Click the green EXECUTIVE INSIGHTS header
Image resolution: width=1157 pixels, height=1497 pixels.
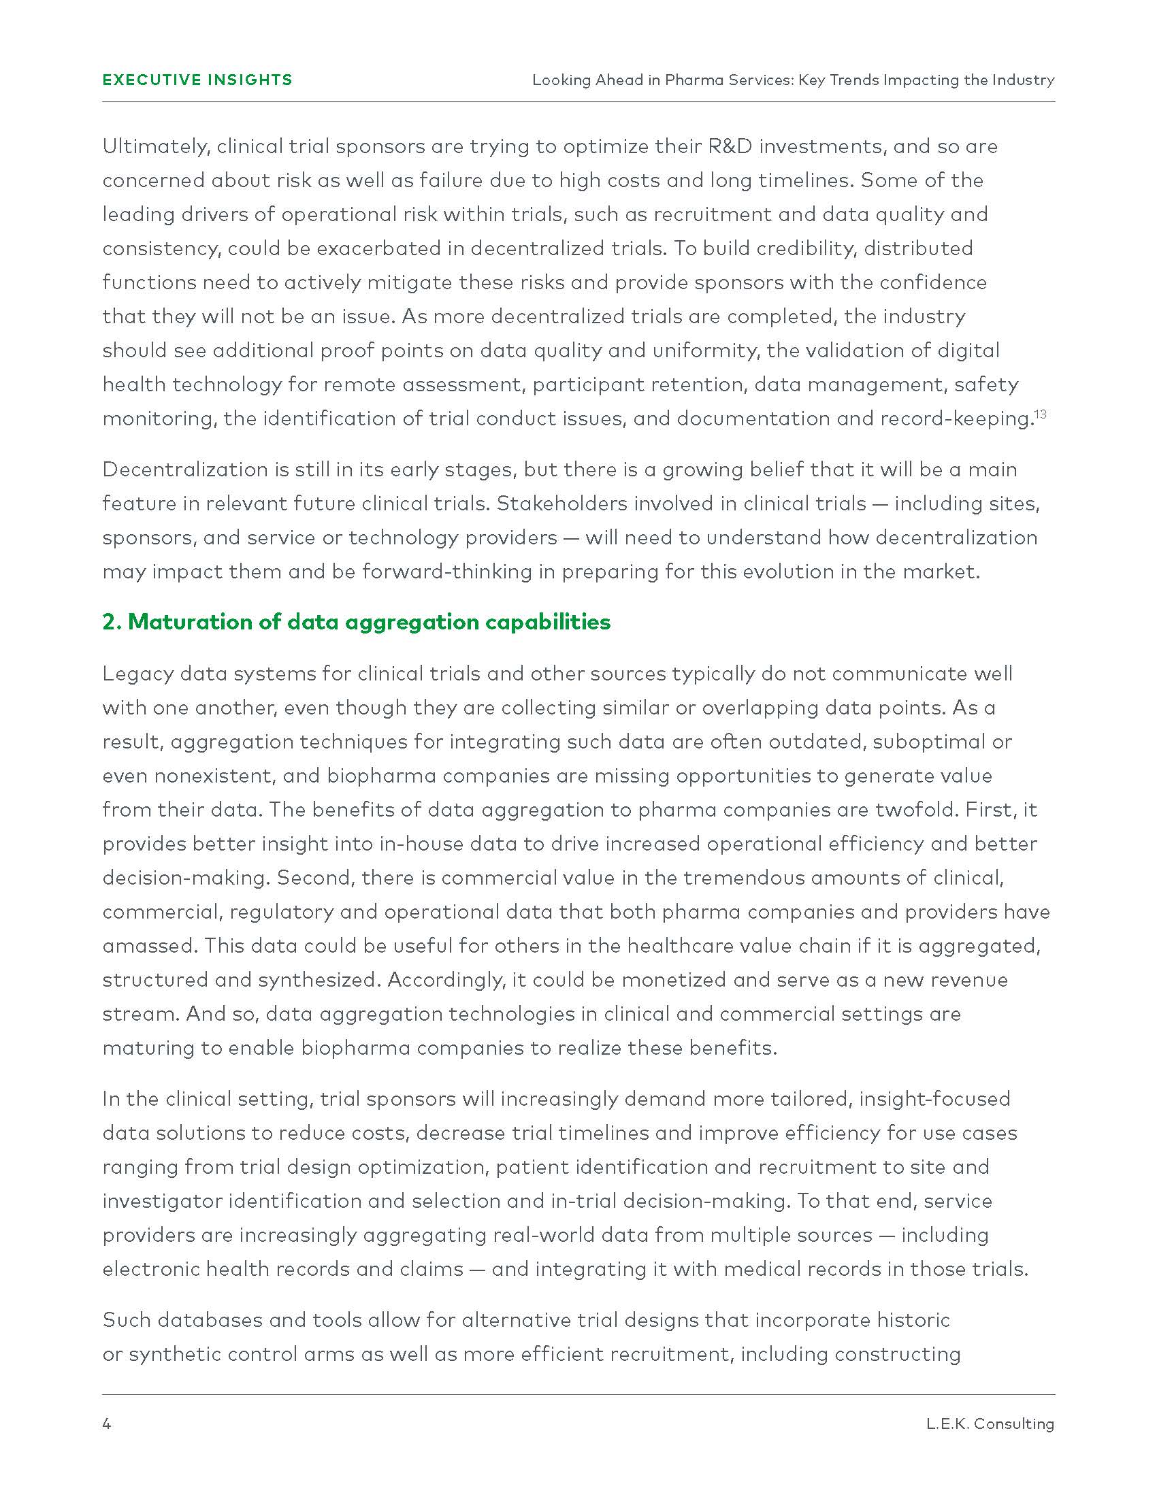point(197,80)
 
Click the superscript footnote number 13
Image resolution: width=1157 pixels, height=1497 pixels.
point(1041,414)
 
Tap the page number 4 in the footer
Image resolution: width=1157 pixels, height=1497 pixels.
point(107,1424)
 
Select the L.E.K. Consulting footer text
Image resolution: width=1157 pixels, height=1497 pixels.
point(990,1424)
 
